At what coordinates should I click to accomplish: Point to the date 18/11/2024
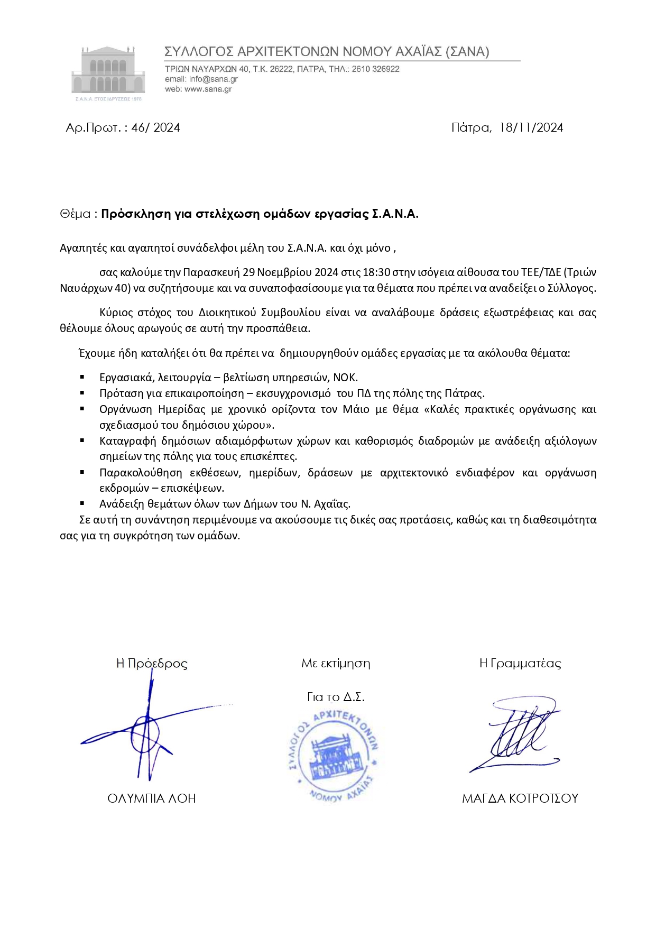click(x=531, y=127)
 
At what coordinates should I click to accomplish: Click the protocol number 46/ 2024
click(x=155, y=127)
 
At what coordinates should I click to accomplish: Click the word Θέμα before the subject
click(x=76, y=214)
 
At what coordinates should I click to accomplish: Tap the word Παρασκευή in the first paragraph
click(x=211, y=272)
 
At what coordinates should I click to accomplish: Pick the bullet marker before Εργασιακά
click(x=82, y=377)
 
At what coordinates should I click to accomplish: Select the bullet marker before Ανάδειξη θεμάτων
click(x=82, y=503)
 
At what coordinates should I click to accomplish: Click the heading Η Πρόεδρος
click(x=152, y=663)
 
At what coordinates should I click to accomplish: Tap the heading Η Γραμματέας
click(x=520, y=663)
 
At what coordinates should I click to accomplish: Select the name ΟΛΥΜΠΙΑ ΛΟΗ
click(x=152, y=798)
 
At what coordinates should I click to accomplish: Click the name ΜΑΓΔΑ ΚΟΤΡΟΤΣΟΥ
click(x=520, y=798)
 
